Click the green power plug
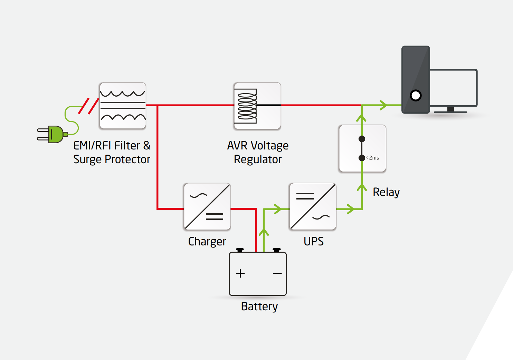55,134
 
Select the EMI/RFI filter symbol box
123,106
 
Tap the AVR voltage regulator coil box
257,106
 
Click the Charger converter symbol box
207,206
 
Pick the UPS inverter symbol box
313,206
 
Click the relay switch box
362,148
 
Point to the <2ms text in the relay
373,158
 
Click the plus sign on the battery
240,273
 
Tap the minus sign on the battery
277,273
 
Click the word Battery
259,307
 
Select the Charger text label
207,241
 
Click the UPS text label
314,241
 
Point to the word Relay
386,192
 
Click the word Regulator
258,159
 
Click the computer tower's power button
416,95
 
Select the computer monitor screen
453,88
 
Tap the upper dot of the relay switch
362,139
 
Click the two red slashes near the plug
89,106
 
